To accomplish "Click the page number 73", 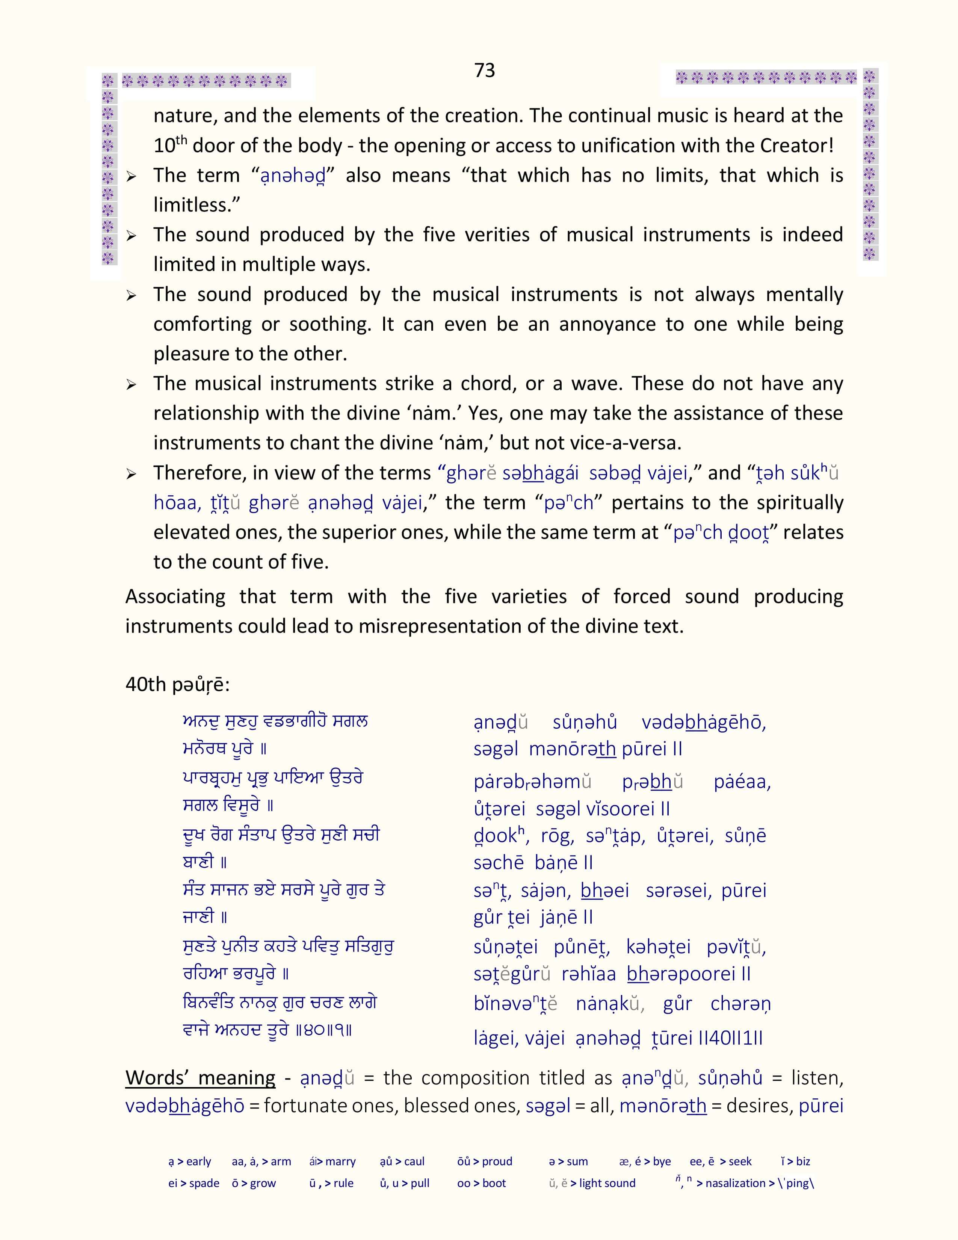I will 484,70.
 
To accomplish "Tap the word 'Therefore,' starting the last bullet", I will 198,473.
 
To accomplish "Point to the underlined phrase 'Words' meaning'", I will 200,1078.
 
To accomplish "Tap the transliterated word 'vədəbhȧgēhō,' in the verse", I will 704,723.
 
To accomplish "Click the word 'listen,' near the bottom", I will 817,1078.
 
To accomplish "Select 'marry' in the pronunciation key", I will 340,1161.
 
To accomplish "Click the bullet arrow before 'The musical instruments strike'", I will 131,385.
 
